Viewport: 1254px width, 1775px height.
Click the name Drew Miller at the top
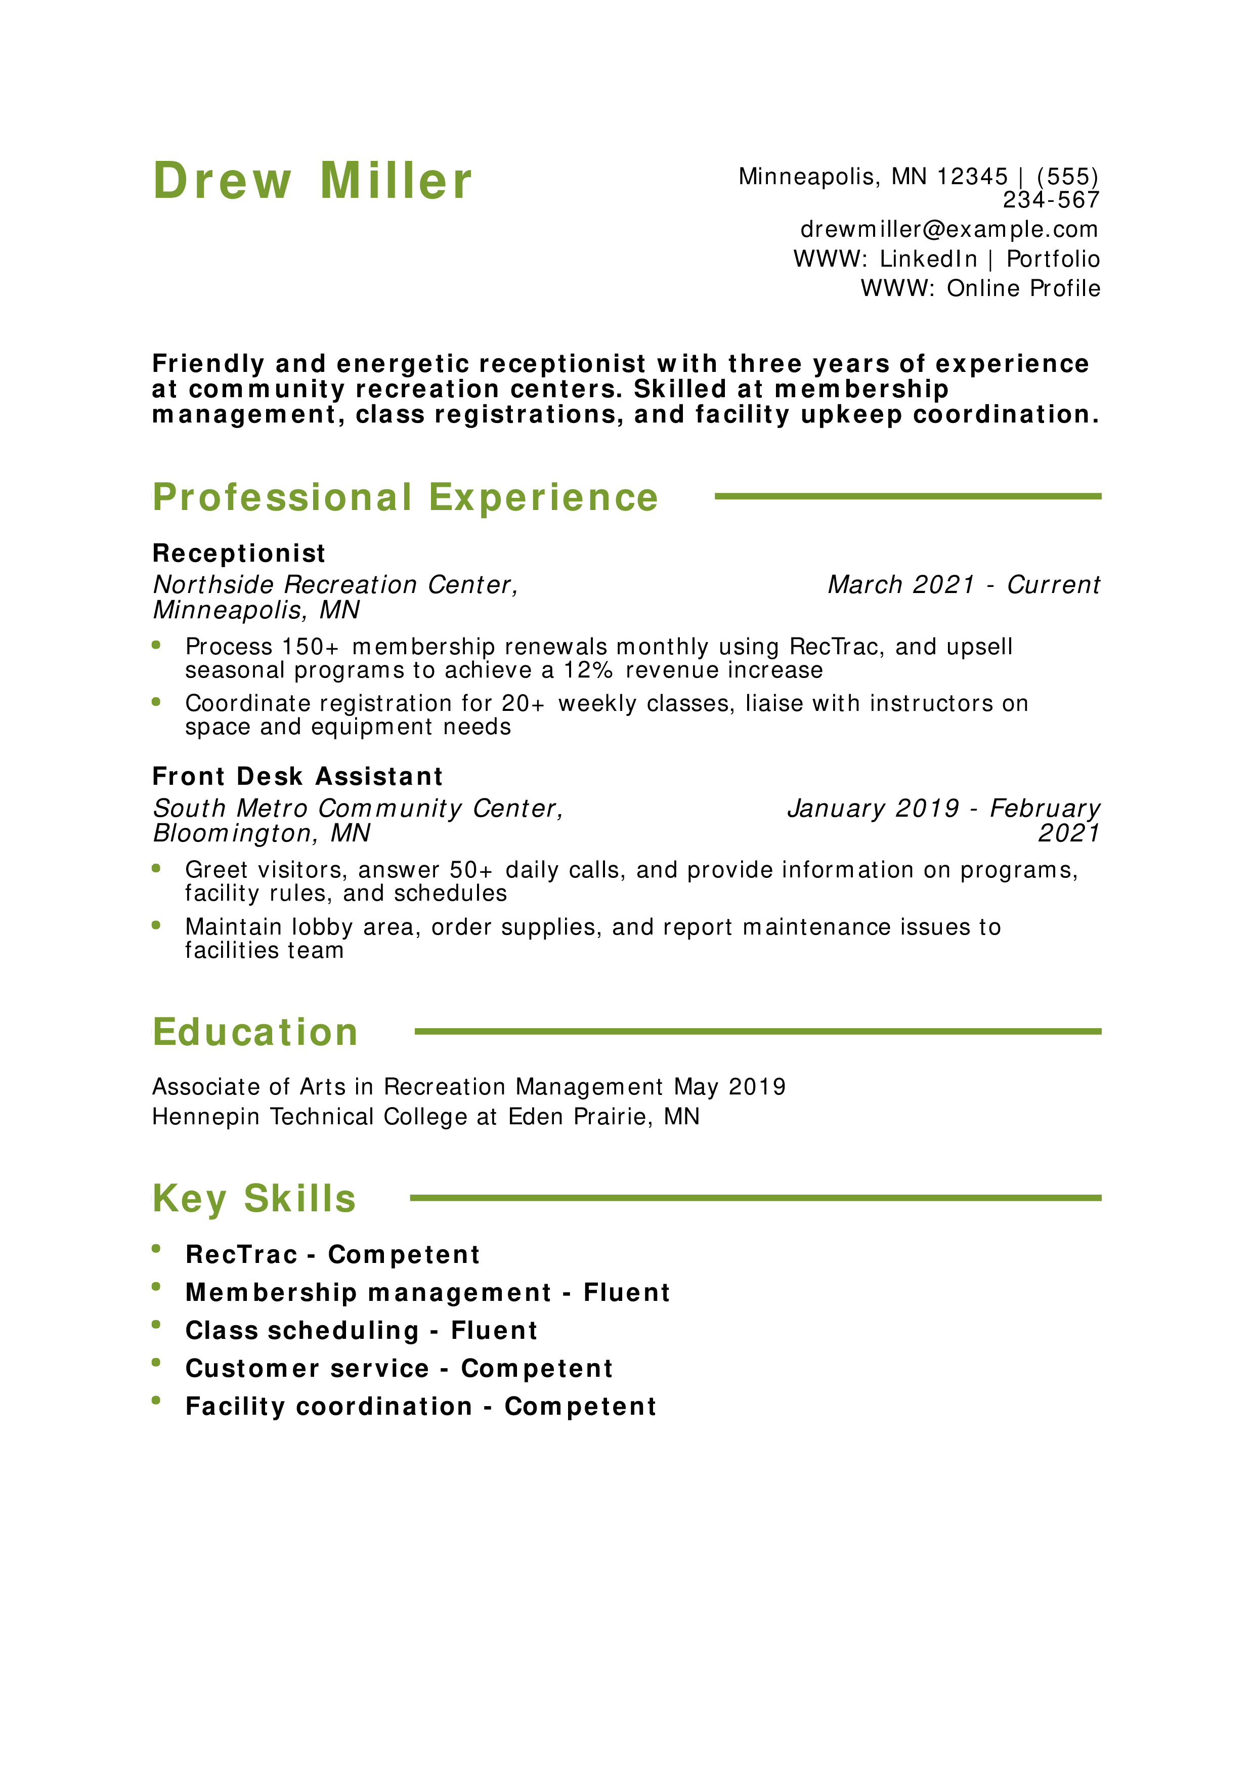pos(312,181)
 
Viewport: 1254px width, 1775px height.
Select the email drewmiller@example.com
pos(949,230)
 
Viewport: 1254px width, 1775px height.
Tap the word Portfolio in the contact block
pos(1052,259)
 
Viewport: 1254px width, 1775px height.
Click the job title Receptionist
pos(239,554)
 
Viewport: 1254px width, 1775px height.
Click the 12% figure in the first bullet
pos(588,670)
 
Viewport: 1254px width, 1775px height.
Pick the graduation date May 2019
pos(730,1087)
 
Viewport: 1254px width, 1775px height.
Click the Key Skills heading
pos(254,1199)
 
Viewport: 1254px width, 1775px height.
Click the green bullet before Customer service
pos(156,1362)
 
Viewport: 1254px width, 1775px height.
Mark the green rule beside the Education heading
pos(758,1031)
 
